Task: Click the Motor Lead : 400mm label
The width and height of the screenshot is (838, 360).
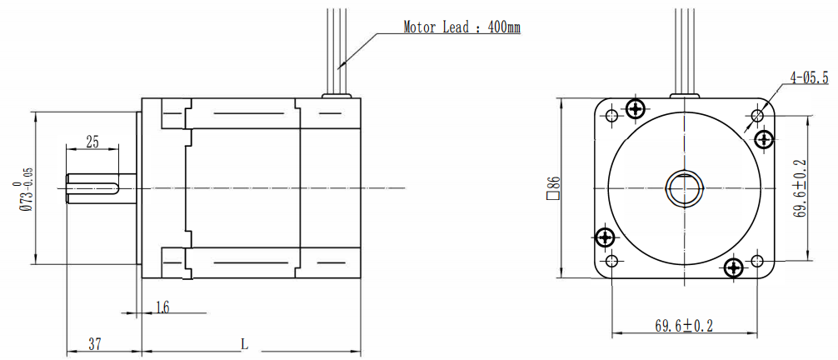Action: click(x=461, y=27)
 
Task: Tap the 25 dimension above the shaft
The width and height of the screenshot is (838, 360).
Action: click(x=92, y=142)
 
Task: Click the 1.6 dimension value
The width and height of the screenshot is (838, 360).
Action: click(x=162, y=308)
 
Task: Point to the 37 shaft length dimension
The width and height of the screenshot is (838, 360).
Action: click(x=94, y=343)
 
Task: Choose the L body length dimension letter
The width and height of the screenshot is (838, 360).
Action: click(x=243, y=343)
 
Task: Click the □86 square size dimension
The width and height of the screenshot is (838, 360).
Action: click(x=551, y=189)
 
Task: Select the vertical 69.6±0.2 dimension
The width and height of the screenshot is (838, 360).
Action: click(x=800, y=187)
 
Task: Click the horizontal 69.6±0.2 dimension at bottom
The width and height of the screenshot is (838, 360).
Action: click(x=684, y=326)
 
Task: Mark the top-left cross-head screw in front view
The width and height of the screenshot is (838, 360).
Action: click(x=636, y=108)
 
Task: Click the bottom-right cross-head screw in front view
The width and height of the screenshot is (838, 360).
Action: click(x=733, y=267)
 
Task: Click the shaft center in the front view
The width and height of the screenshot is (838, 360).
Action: click(x=685, y=188)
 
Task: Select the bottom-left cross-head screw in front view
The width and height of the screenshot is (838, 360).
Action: click(x=605, y=238)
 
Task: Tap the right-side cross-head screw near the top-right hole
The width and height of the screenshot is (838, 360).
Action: click(x=763, y=138)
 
